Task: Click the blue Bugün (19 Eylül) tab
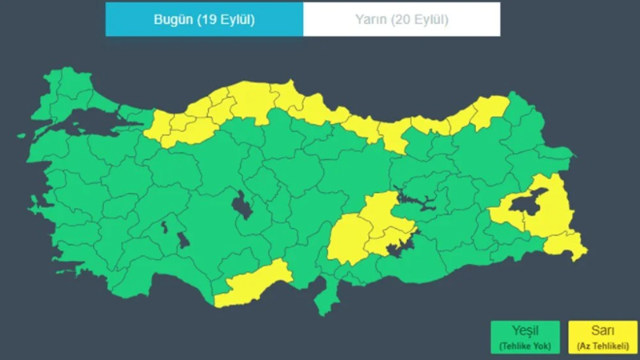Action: point(204,19)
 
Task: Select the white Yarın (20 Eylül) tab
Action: point(402,19)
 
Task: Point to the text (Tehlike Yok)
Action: point(517,346)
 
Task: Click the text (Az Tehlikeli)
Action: point(598,346)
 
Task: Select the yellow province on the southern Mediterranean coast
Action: point(252,283)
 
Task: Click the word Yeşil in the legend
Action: point(517,330)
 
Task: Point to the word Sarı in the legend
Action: point(598,330)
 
